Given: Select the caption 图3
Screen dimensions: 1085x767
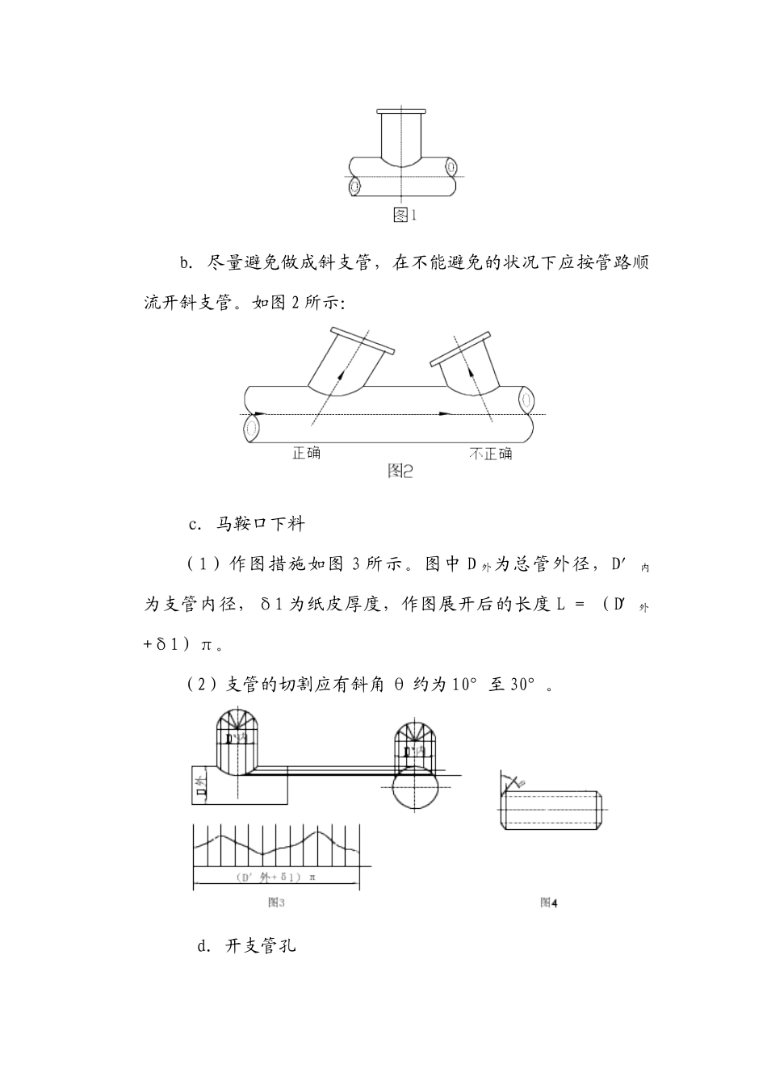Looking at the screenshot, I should pos(276,902).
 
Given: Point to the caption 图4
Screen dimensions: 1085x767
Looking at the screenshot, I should pos(549,902).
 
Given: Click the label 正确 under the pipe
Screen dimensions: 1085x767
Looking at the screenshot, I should pos(306,453).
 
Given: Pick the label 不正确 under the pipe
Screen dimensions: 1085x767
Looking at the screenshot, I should pos(490,453).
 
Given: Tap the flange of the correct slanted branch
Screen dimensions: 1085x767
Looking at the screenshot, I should pos(361,340).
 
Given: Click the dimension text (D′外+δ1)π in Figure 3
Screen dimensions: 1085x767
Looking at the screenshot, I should pos(275,877).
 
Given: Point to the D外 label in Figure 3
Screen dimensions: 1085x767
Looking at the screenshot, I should pos(203,784).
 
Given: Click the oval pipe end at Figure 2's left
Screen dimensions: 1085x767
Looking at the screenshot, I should pos(252,425).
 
